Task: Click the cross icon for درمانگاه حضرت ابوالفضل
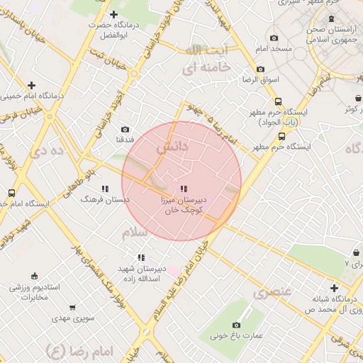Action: click(114, 14)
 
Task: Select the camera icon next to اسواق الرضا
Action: click(261, 69)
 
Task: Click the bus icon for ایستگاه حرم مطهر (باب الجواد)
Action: click(278, 101)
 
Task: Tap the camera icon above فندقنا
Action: click(125, 130)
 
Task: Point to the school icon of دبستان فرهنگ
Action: click(105, 189)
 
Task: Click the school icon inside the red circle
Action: click(184, 189)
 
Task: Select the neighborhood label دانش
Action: click(172, 148)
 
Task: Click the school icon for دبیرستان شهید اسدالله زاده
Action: click(141, 257)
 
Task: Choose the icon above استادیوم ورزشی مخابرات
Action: click(34, 276)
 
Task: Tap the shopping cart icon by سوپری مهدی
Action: click(72, 308)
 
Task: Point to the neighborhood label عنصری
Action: click(272, 291)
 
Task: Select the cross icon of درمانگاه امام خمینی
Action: click(31, 85)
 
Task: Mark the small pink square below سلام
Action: click(173, 272)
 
